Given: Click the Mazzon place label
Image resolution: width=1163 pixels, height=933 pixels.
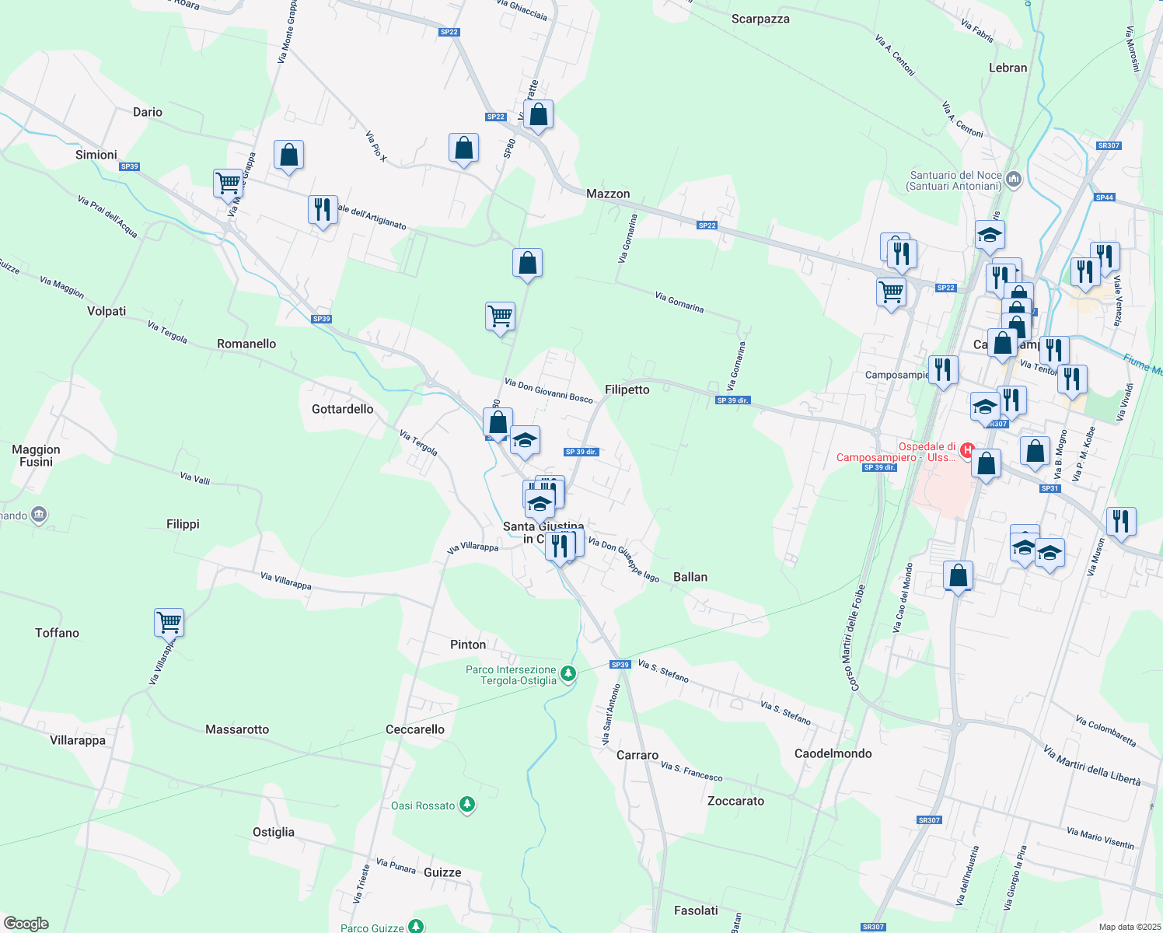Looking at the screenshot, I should point(608,194).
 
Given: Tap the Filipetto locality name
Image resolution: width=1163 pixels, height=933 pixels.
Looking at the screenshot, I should point(627,390).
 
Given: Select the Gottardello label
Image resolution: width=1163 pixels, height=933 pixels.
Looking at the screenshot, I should point(342,409).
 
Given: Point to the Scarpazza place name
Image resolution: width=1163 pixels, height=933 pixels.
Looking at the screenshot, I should point(760,19).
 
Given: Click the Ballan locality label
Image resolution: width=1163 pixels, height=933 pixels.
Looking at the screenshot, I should point(690,577).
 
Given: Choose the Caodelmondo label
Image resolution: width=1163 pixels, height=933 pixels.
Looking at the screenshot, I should point(833,753).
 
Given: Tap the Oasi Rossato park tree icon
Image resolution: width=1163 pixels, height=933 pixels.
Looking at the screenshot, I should point(467,805).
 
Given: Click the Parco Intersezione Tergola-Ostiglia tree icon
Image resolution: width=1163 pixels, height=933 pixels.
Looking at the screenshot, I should point(568,673).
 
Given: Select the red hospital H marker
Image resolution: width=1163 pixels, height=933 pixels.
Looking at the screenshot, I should point(967,449).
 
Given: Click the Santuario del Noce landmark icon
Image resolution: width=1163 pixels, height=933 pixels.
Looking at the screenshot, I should point(1013,180).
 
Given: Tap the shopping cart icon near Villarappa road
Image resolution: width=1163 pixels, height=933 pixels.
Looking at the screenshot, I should point(169,622).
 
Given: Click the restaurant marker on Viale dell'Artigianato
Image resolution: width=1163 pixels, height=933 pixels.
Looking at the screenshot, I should point(323,209).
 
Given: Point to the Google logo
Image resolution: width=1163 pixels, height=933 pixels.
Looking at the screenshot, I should point(26,923).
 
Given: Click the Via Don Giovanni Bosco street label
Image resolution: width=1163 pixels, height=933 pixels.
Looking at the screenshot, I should point(548,390).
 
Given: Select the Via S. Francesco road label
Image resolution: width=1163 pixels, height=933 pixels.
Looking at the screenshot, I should point(691,771).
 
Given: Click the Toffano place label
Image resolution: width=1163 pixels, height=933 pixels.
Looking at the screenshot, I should point(57,633).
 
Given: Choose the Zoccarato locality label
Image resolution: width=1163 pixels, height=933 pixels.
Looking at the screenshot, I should point(735,801).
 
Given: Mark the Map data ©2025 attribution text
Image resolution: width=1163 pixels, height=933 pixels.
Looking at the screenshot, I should point(1130,927).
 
